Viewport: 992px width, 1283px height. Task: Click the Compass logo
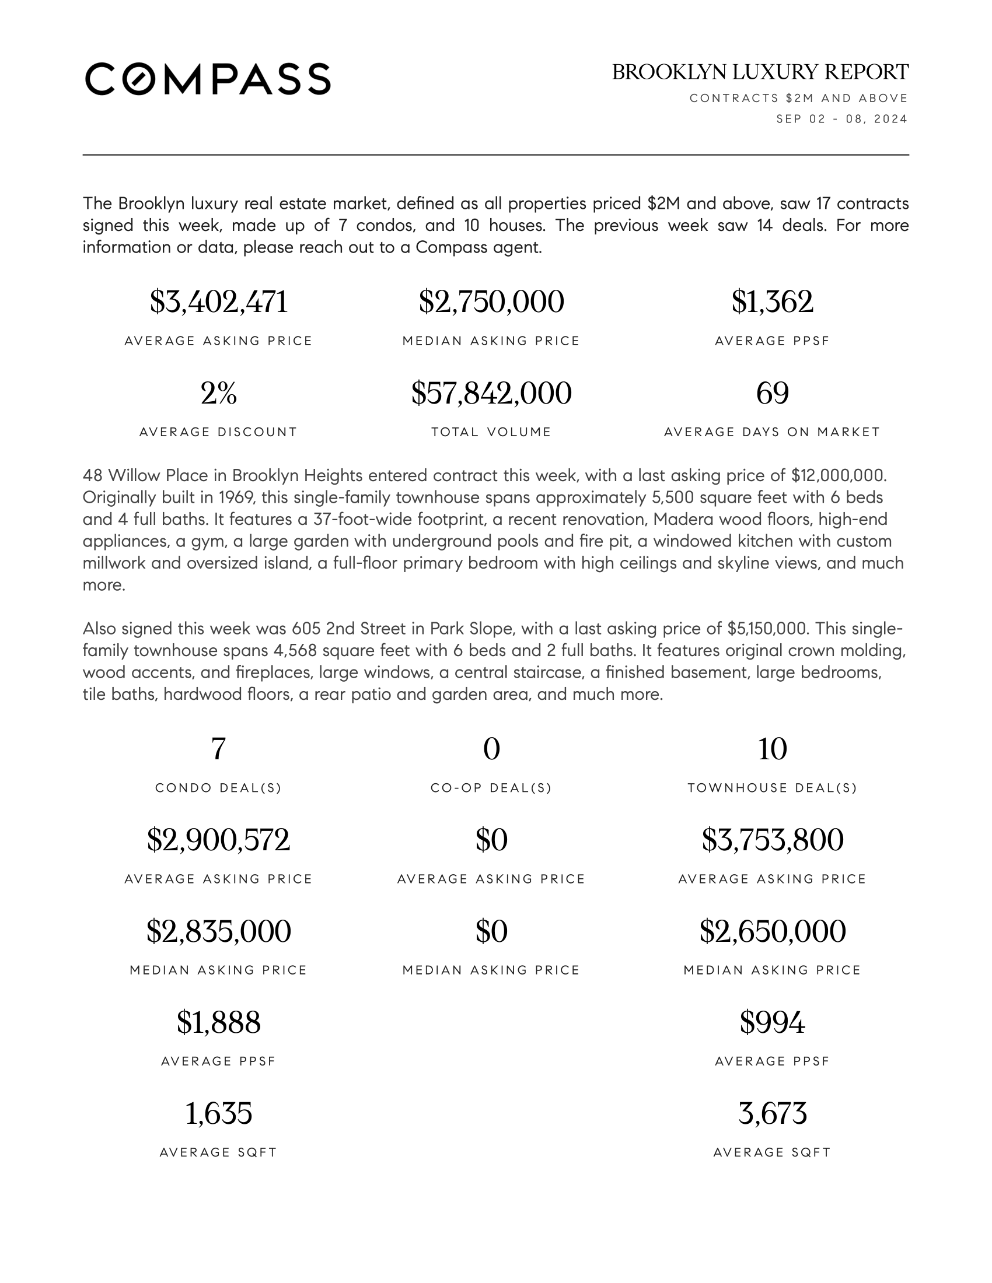tap(208, 79)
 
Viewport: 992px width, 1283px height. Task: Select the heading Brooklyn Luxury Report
tap(760, 72)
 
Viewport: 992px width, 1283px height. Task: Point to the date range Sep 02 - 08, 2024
tap(841, 119)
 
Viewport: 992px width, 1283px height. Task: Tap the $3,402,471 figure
tap(219, 302)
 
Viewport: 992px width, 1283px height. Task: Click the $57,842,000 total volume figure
tap(491, 393)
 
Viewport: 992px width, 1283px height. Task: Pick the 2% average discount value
tap(219, 393)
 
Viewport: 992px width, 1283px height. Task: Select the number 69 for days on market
tap(772, 393)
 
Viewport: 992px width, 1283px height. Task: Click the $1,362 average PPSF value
tap(772, 302)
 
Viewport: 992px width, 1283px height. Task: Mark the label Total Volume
tap(491, 432)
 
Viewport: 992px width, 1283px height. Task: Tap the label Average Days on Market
tap(772, 432)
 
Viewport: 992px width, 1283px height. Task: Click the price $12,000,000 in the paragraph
tap(838, 475)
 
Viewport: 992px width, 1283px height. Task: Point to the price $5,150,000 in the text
tap(766, 629)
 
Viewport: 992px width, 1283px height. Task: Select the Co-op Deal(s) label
tap(491, 788)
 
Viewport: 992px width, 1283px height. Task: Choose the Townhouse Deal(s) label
tap(772, 788)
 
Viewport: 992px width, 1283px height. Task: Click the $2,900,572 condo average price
tap(219, 840)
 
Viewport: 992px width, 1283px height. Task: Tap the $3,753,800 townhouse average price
tap(772, 840)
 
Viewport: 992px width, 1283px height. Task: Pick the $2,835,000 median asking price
tap(219, 931)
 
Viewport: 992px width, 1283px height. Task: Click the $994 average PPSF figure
tap(772, 1022)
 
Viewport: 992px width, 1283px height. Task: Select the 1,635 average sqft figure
tap(219, 1113)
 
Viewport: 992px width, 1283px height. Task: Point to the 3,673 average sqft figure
tap(772, 1113)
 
